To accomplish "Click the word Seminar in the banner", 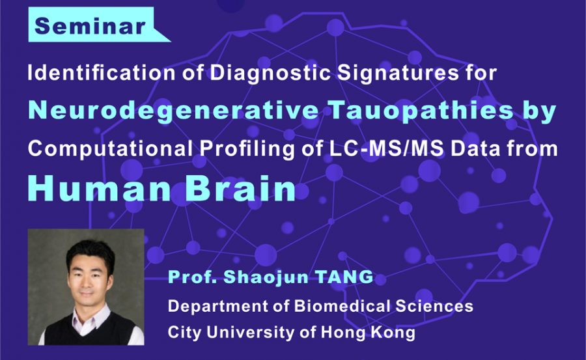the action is pyautogui.click(x=90, y=26).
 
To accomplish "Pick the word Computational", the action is pyautogui.click(x=110, y=149).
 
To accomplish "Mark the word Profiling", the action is pyautogui.click(x=247, y=149).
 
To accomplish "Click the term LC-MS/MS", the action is pyautogui.click(x=386, y=148).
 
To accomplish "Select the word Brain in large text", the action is pyautogui.click(x=241, y=188).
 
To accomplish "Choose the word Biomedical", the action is pyautogui.click(x=342, y=306).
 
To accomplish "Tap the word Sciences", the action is pyautogui.click(x=434, y=306).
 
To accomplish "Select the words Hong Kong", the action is pyautogui.click(x=368, y=333).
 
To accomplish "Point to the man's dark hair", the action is pyautogui.click(x=91, y=253).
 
